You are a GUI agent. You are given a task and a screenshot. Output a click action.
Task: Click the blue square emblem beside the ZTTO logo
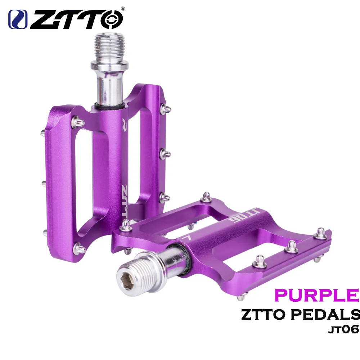pyautogui.click(x=18, y=19)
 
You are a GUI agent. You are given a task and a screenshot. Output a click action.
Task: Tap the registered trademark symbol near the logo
pyautogui.click(x=123, y=9)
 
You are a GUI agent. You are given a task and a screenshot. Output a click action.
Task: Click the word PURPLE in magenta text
pyautogui.click(x=316, y=295)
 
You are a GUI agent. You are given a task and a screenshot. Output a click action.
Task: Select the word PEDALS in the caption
pyautogui.click(x=325, y=315)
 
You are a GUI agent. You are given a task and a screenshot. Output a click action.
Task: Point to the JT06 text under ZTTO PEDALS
pyautogui.click(x=343, y=329)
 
